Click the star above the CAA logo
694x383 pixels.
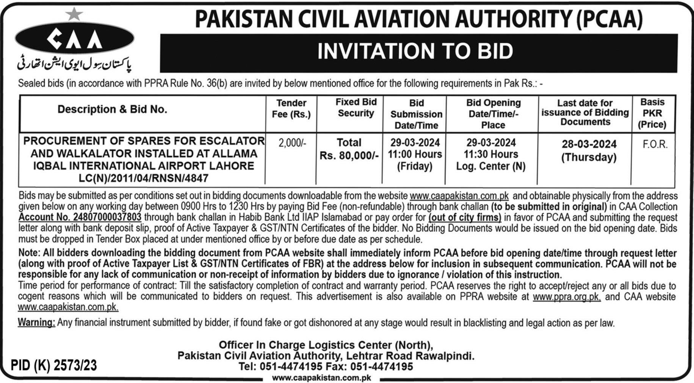(x=74, y=14)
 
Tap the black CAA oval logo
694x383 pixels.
(x=74, y=39)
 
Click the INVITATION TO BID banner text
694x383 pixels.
(x=415, y=52)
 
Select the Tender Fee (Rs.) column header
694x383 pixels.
(x=291, y=109)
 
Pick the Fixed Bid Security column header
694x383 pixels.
(x=356, y=108)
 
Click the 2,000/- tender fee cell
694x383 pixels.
(x=292, y=143)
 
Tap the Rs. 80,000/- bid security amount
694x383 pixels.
(x=349, y=155)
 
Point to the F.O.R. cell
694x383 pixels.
(x=655, y=144)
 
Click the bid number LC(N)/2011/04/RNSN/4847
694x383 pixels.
(x=144, y=178)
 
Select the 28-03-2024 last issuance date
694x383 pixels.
(x=589, y=144)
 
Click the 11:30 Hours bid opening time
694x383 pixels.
(x=491, y=154)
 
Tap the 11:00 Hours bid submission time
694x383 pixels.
(x=415, y=154)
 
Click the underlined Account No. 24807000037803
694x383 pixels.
(x=80, y=217)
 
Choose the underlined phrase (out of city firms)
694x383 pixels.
(x=465, y=218)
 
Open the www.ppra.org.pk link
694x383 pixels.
(x=567, y=297)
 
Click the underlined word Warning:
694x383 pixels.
(x=36, y=323)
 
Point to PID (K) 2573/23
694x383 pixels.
(x=54, y=366)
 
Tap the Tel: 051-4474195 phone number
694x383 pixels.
(x=280, y=367)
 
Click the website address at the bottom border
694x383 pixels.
(x=321, y=378)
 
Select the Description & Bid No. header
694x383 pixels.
(x=112, y=110)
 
